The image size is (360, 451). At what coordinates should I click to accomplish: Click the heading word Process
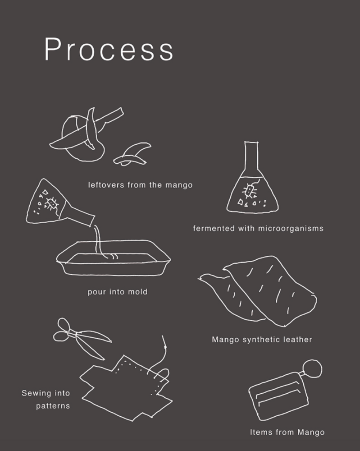point(109,50)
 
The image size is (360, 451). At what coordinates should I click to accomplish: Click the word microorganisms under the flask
point(291,228)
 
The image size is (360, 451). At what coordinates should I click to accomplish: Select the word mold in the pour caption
point(137,292)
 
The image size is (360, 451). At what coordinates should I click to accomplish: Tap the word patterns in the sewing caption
point(53,406)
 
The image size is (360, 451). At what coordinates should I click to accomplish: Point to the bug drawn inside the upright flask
point(249,190)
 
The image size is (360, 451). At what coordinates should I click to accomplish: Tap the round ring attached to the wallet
point(313,368)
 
